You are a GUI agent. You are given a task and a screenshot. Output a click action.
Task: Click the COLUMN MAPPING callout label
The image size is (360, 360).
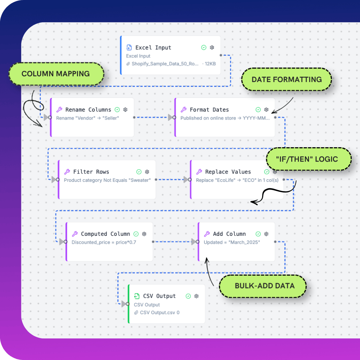tap(55, 74)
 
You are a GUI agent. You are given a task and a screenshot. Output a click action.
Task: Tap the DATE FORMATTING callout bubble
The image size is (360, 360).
tap(287, 80)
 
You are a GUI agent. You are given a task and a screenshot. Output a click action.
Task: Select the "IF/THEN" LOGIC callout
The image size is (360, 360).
tap(308, 159)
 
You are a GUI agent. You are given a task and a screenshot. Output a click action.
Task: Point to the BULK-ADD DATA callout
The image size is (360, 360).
tap(265, 286)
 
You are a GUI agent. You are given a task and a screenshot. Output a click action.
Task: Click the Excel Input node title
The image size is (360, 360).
tap(153, 48)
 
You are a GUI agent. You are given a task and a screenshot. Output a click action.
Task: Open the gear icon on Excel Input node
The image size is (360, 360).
tap(212, 48)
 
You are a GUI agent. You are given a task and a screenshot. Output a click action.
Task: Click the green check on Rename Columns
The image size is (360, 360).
tap(117, 110)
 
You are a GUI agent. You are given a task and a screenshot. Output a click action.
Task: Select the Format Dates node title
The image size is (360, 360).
tap(209, 110)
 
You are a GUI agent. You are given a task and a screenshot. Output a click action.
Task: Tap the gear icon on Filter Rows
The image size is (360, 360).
tap(147, 172)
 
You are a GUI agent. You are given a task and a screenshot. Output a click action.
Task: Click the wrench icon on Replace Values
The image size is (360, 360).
tap(199, 172)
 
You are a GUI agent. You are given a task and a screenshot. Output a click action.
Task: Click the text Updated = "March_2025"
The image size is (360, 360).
tap(232, 242)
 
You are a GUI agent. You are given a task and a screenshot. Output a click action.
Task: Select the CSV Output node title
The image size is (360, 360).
tap(159, 296)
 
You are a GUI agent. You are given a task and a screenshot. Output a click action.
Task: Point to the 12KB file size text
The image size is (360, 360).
tap(210, 64)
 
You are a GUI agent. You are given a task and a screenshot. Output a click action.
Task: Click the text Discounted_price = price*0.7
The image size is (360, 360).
tap(104, 242)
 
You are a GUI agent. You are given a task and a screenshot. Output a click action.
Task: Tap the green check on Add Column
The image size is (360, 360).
tap(258, 234)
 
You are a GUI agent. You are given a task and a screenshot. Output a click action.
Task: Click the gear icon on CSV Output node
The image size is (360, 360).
tap(197, 296)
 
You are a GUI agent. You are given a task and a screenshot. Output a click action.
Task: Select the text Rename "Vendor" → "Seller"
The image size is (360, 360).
tap(87, 118)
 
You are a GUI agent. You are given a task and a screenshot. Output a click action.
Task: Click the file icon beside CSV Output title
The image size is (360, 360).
tap(137, 296)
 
